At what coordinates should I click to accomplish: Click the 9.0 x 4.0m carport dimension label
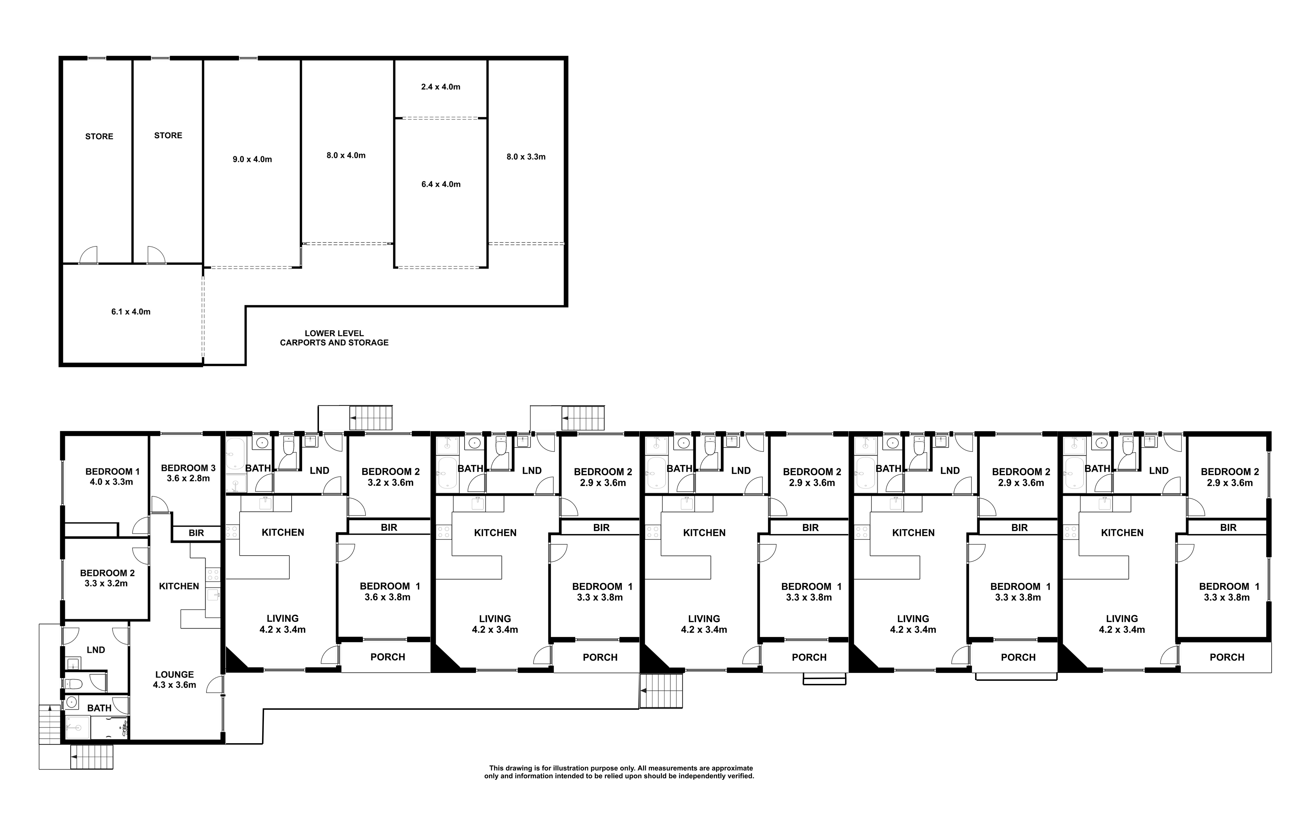coord(252,159)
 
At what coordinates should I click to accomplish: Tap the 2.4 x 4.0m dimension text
coord(441,86)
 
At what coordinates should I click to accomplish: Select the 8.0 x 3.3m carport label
coord(526,157)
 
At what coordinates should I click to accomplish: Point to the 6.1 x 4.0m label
coord(131,312)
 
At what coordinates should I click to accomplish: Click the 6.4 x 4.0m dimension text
coord(441,184)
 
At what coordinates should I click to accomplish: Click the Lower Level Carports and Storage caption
coord(334,338)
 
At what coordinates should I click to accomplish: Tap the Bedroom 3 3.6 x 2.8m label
coord(188,473)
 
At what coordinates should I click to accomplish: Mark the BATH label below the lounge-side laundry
coord(99,708)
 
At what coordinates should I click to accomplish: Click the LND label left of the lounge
coord(96,650)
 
